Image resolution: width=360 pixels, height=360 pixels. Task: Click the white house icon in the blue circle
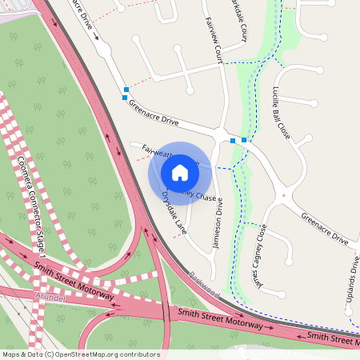180,172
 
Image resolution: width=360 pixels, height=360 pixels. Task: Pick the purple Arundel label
49,296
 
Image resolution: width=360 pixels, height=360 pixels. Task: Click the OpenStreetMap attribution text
81,354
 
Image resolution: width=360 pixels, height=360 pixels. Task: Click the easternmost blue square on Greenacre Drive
244,140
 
